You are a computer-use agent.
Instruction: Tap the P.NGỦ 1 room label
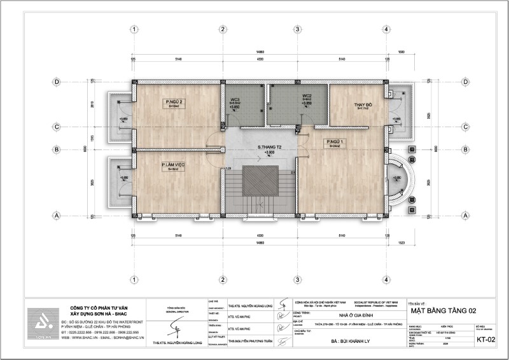[x=335, y=141]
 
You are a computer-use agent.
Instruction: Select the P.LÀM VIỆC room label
[x=172, y=165]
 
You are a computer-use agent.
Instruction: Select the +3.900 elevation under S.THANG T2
[x=270, y=153]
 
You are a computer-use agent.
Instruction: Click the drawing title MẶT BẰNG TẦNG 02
[x=444, y=311]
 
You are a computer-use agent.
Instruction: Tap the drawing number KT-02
[x=485, y=340]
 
